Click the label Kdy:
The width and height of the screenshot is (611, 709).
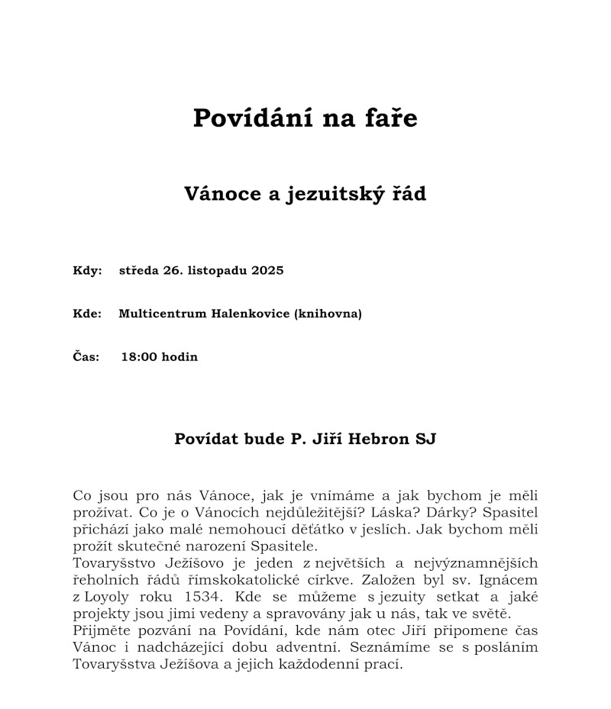[87, 271]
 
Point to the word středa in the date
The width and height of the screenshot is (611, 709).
[138, 271]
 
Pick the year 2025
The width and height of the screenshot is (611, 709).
[267, 271]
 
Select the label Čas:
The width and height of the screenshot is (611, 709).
[86, 356]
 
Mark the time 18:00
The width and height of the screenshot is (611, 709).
[138, 356]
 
